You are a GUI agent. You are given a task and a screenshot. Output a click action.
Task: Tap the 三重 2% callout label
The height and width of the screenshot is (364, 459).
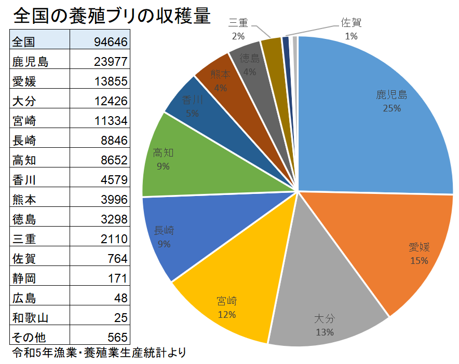tap(239, 29)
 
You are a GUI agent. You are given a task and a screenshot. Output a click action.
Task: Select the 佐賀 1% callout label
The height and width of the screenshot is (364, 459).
tap(352, 29)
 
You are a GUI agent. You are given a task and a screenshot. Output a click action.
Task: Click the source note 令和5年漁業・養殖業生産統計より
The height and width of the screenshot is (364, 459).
tap(99, 353)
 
